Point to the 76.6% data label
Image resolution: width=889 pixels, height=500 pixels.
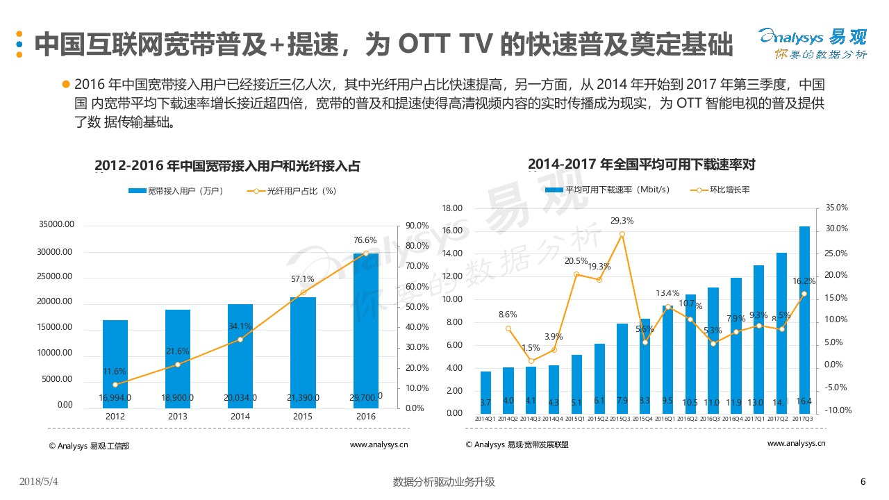[x=365, y=240]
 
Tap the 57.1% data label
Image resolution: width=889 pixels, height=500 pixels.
[x=302, y=278]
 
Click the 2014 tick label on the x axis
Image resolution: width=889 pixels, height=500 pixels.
[x=240, y=417]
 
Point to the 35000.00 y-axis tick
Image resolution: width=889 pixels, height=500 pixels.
[x=56, y=225]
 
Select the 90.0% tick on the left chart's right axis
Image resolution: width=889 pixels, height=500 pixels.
[x=417, y=226]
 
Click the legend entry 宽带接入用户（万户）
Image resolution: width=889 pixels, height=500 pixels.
[x=175, y=191]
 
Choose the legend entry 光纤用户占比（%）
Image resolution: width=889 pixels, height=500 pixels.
[x=292, y=191]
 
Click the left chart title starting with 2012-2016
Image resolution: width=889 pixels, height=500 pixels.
[x=227, y=166]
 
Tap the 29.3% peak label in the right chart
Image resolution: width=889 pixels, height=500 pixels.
[x=622, y=221]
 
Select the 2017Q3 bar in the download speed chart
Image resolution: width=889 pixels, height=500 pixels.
[x=804, y=319]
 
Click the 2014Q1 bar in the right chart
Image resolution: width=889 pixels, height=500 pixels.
[x=485, y=392]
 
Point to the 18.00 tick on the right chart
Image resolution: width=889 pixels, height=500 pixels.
[x=452, y=208]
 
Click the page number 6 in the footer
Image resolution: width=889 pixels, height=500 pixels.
[x=863, y=482]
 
